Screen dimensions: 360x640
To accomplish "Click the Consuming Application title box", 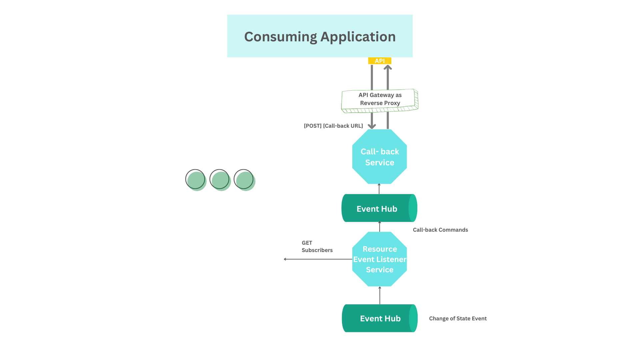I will click(320, 36).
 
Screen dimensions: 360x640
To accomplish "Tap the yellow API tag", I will click(379, 61).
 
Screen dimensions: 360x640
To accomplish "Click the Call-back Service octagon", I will click(379, 157).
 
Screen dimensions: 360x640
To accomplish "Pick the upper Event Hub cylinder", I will click(379, 208).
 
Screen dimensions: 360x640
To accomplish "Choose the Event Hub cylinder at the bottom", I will click(379, 318).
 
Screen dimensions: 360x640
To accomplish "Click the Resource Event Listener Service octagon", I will click(379, 259).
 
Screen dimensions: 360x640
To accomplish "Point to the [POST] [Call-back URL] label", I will click(333, 126).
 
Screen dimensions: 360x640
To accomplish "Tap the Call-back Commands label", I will click(440, 230).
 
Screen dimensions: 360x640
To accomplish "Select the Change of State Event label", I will click(457, 318).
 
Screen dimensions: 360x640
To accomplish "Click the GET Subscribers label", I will click(317, 246).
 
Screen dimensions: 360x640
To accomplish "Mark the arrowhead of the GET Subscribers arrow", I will click(285, 259).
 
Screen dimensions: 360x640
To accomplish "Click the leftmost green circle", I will click(196, 180).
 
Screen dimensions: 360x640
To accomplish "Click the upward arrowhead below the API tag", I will click(387, 67).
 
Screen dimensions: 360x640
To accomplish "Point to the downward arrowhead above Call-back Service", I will click(372, 126).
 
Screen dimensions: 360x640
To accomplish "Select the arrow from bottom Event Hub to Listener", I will click(380, 295).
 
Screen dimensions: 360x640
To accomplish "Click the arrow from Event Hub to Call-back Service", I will click(379, 189).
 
